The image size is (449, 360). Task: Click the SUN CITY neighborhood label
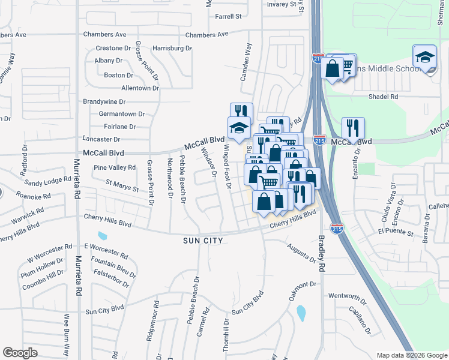(x=203, y=241)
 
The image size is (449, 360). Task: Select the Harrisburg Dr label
(x=172, y=47)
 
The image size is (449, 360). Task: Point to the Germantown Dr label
(x=122, y=113)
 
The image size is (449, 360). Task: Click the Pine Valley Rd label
(x=115, y=167)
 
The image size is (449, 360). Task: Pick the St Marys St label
(x=122, y=186)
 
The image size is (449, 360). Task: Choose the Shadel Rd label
(x=384, y=96)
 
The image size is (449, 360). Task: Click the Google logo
(x=20, y=353)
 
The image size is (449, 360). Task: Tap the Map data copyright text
(x=411, y=355)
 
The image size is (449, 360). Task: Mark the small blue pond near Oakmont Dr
(x=301, y=313)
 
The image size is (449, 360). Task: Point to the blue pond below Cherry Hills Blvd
(x=101, y=235)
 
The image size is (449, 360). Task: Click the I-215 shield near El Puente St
(x=337, y=229)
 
